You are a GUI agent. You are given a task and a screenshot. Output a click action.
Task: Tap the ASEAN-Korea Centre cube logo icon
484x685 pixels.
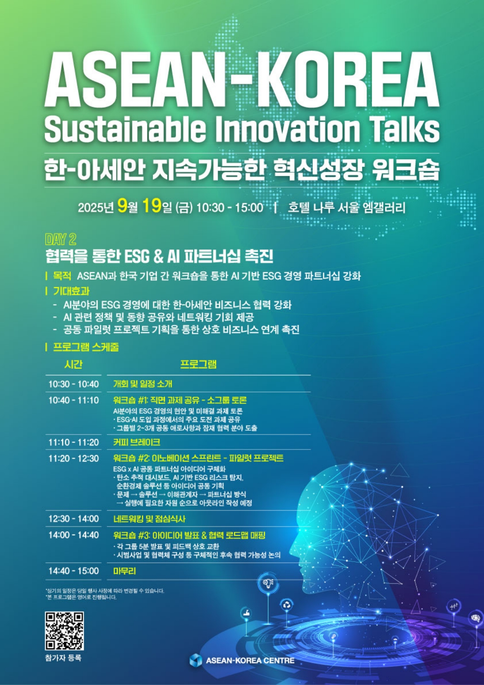pyautogui.click(x=196, y=660)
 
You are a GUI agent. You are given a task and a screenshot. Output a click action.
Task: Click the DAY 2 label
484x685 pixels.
pyautogui.click(x=60, y=239)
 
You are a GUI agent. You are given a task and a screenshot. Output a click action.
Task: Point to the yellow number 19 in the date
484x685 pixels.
pyautogui.click(x=152, y=206)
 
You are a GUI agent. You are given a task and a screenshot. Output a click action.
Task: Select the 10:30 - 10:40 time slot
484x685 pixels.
pyautogui.click(x=74, y=384)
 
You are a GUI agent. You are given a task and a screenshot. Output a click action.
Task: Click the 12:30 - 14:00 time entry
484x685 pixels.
pyautogui.click(x=74, y=518)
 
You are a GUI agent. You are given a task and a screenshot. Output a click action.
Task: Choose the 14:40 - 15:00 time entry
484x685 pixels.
pyautogui.click(x=74, y=571)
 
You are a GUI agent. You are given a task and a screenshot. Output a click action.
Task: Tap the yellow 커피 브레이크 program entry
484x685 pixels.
pyautogui.click(x=137, y=442)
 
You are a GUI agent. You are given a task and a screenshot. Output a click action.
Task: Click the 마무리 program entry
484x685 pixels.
pyautogui.click(x=124, y=571)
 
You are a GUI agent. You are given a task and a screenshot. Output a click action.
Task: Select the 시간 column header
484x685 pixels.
pyautogui.click(x=73, y=364)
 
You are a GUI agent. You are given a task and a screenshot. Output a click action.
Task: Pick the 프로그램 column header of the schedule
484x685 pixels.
pyautogui.click(x=198, y=364)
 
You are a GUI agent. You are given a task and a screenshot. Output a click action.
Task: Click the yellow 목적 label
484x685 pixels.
pyautogui.click(x=62, y=276)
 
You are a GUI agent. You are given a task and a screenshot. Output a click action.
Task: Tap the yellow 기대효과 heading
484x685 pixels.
pyautogui.click(x=71, y=291)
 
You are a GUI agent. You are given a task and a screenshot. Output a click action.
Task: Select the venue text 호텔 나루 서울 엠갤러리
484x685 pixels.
pyautogui.click(x=347, y=207)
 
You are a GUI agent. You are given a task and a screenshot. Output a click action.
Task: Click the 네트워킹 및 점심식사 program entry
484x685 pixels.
pyautogui.click(x=149, y=519)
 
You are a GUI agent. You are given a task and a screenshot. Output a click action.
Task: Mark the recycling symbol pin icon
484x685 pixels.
pyautogui.click(x=287, y=605)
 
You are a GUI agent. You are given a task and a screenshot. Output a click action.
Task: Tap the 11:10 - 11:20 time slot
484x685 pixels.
pyautogui.click(x=74, y=442)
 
